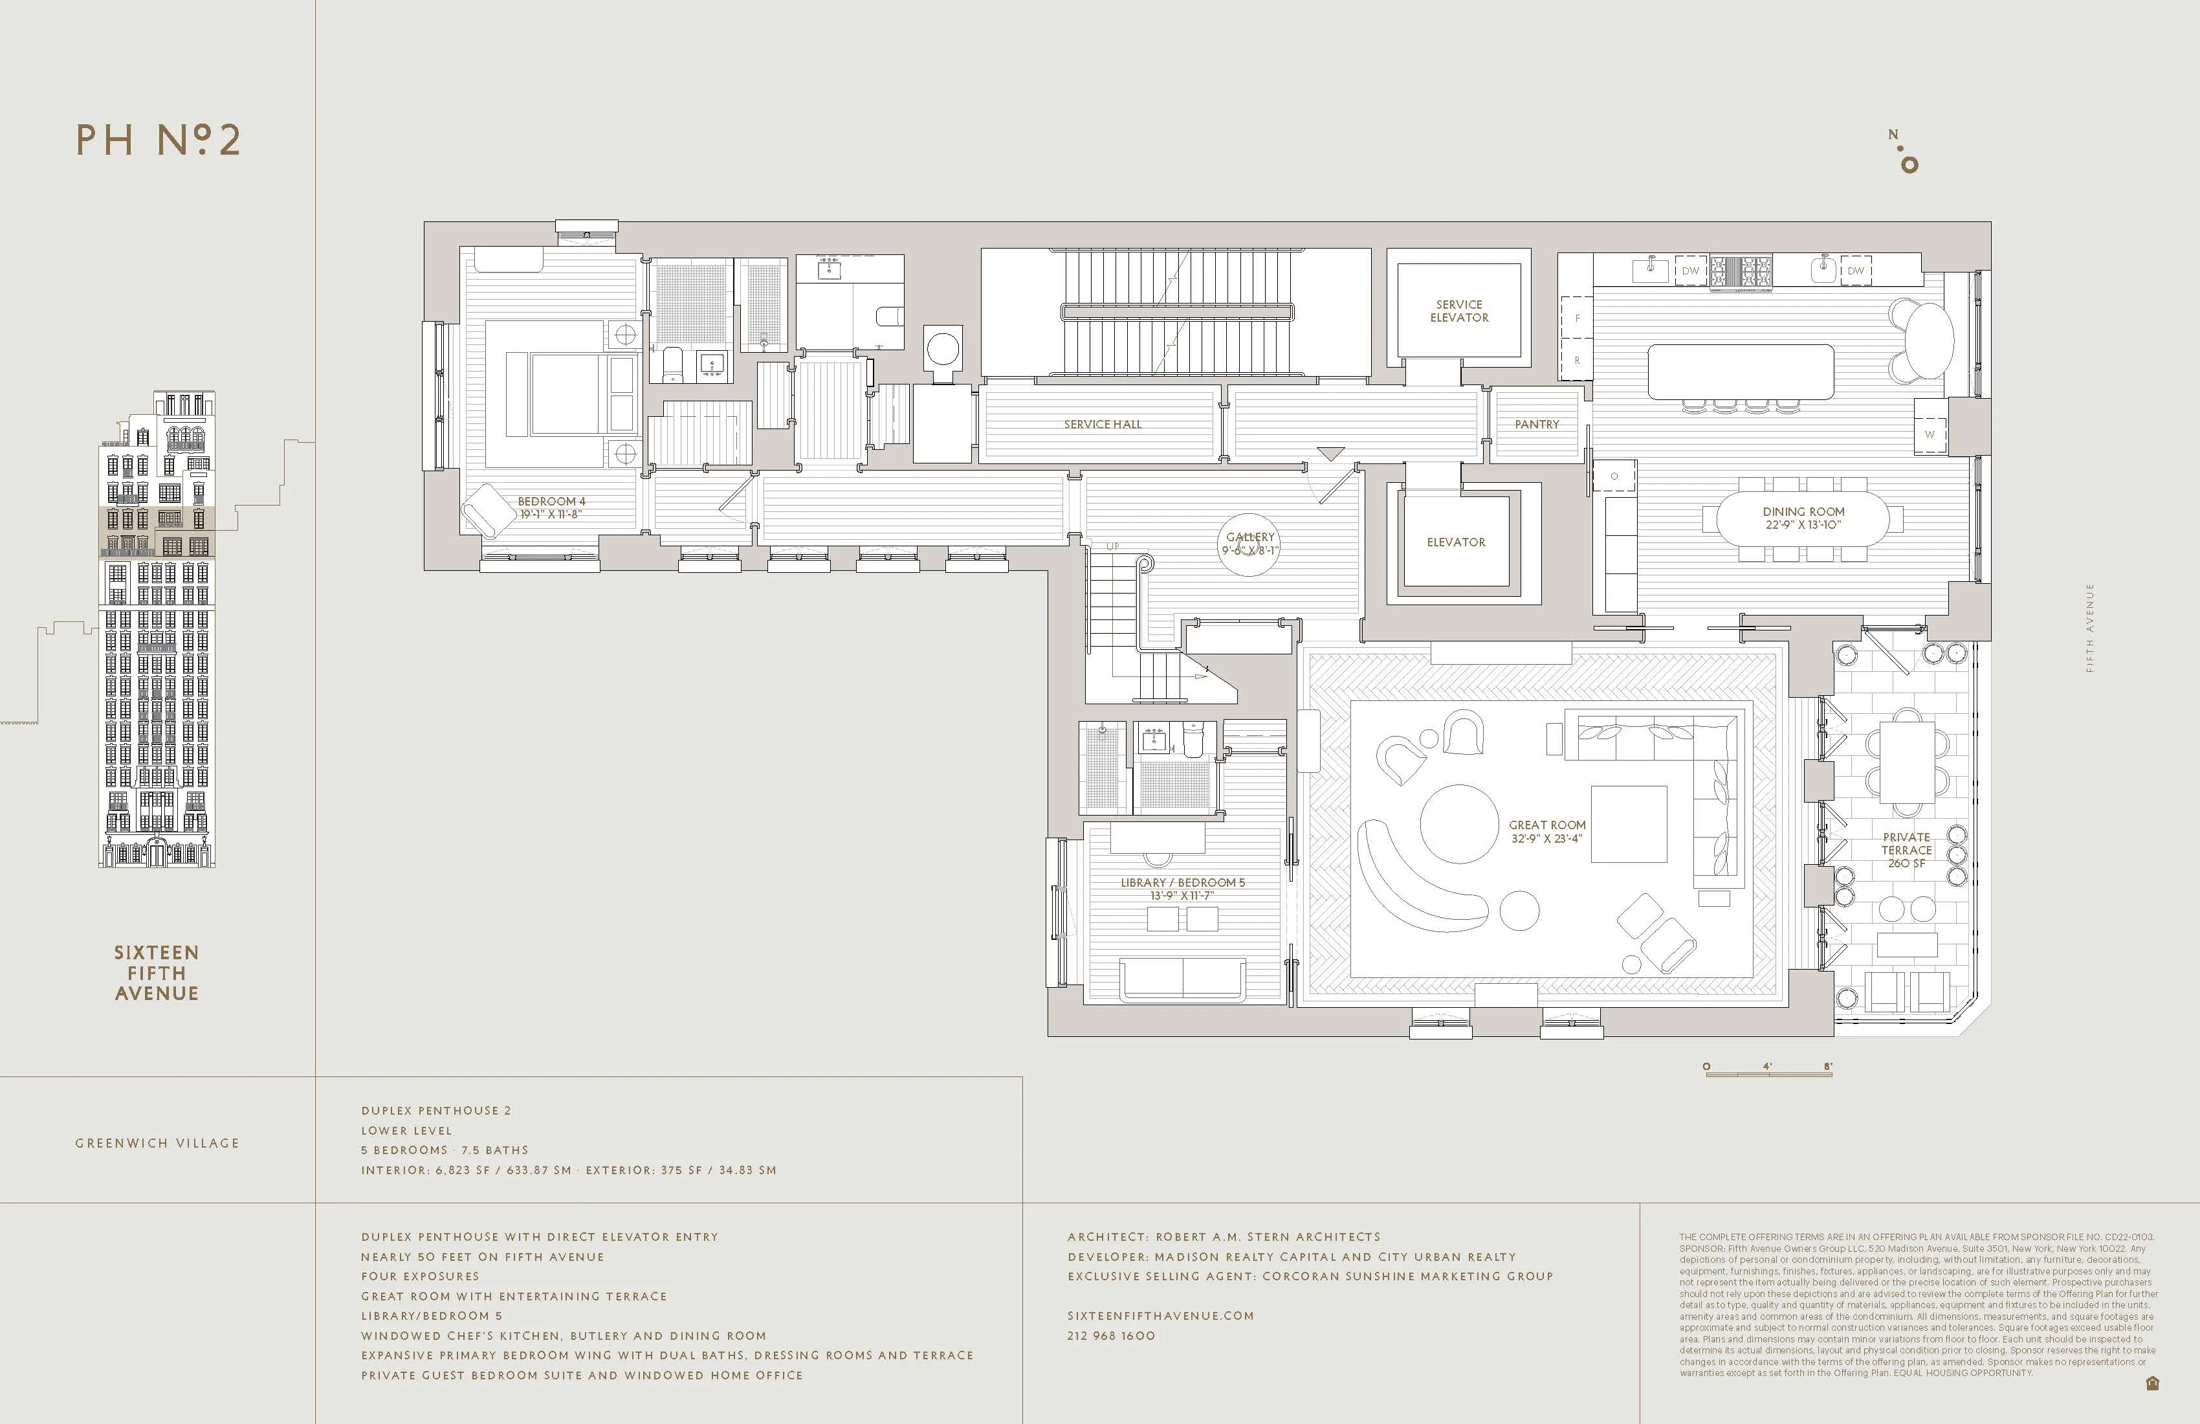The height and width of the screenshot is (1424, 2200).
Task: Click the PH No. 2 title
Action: click(x=158, y=140)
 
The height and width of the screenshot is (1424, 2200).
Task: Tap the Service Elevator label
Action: click(x=1458, y=311)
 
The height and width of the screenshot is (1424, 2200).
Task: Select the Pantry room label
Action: click(x=1536, y=425)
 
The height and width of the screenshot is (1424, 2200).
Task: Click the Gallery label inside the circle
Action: click(x=1249, y=544)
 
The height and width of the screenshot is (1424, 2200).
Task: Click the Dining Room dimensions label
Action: click(x=1803, y=524)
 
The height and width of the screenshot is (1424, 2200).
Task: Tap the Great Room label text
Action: click(x=1546, y=831)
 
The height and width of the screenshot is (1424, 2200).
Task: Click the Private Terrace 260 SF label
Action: click(x=1906, y=850)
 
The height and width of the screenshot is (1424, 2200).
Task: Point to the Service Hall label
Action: click(x=1102, y=425)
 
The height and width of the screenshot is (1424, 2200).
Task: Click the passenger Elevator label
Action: click(x=1456, y=542)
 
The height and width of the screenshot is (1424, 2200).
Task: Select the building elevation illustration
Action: click(x=157, y=629)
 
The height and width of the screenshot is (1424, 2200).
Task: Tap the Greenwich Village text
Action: click(x=157, y=1143)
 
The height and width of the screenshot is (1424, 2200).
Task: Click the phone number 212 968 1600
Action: click(x=1110, y=1335)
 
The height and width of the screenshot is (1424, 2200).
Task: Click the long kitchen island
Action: click(x=1741, y=372)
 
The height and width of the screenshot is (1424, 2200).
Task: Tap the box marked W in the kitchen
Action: click(x=1929, y=434)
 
